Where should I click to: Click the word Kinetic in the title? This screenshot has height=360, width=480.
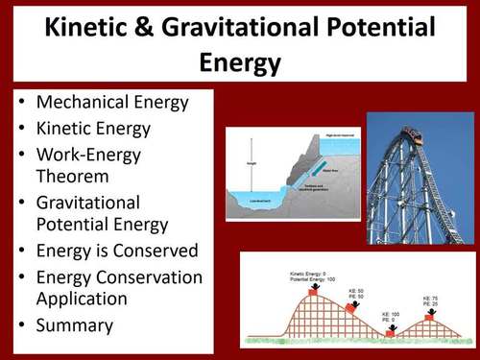coord(92,30)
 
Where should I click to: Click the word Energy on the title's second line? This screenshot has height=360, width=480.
coord(240,62)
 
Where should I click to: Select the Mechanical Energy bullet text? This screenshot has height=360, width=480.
coord(109,103)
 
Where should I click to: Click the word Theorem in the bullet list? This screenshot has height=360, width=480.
coord(72,177)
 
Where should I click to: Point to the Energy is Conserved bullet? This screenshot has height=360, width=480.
coord(116,251)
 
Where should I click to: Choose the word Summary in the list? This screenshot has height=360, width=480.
coord(74,324)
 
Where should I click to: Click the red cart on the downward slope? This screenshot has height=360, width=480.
coord(349,306)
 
